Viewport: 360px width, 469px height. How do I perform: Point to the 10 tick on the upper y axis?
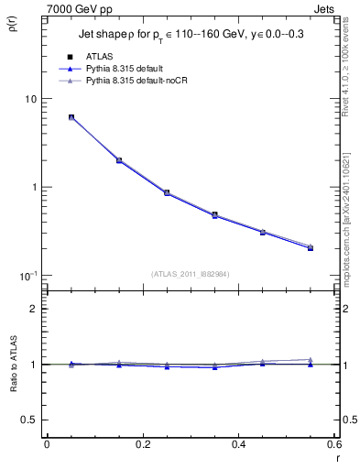[28, 99]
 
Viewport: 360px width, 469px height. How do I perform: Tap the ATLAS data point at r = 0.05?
[71, 117]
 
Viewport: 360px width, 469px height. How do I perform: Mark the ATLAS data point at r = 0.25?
[167, 192]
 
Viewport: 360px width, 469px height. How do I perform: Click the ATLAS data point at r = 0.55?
[311, 247]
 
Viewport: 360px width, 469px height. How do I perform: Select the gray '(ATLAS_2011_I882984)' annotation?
[191, 274]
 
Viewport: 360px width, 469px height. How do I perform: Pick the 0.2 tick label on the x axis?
[143, 444]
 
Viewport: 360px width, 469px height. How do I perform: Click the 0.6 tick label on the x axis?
[333, 444]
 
